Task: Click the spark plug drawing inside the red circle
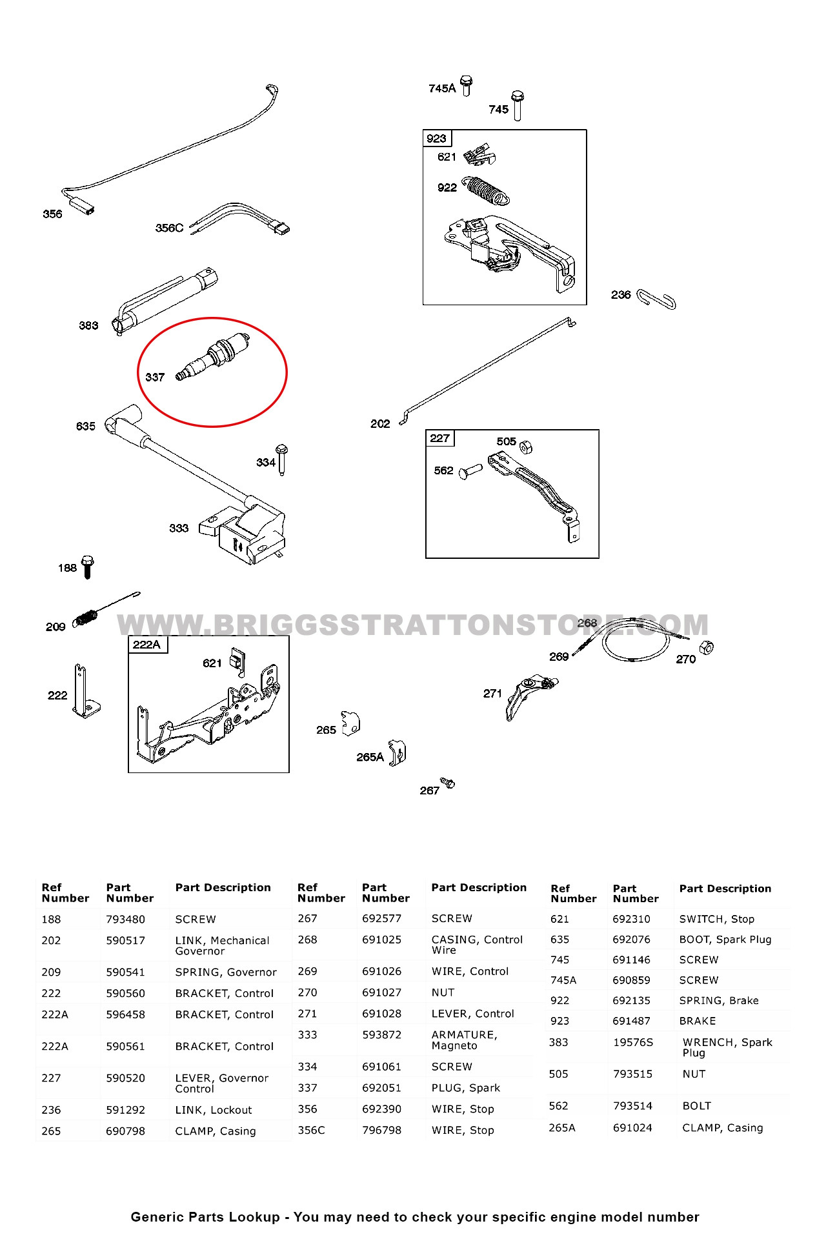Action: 214,357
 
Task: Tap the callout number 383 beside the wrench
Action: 88,325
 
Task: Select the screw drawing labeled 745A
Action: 467,85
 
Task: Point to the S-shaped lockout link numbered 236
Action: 656,299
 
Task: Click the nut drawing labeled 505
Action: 526,447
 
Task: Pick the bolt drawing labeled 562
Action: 470,472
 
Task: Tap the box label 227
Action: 440,438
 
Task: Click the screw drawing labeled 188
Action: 88,566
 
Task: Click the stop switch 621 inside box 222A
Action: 237,660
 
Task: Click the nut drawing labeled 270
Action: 707,647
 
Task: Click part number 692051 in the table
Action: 381,1087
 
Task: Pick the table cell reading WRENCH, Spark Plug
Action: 727,1047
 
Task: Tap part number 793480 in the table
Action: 125,919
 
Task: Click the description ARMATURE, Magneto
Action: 463,1040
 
